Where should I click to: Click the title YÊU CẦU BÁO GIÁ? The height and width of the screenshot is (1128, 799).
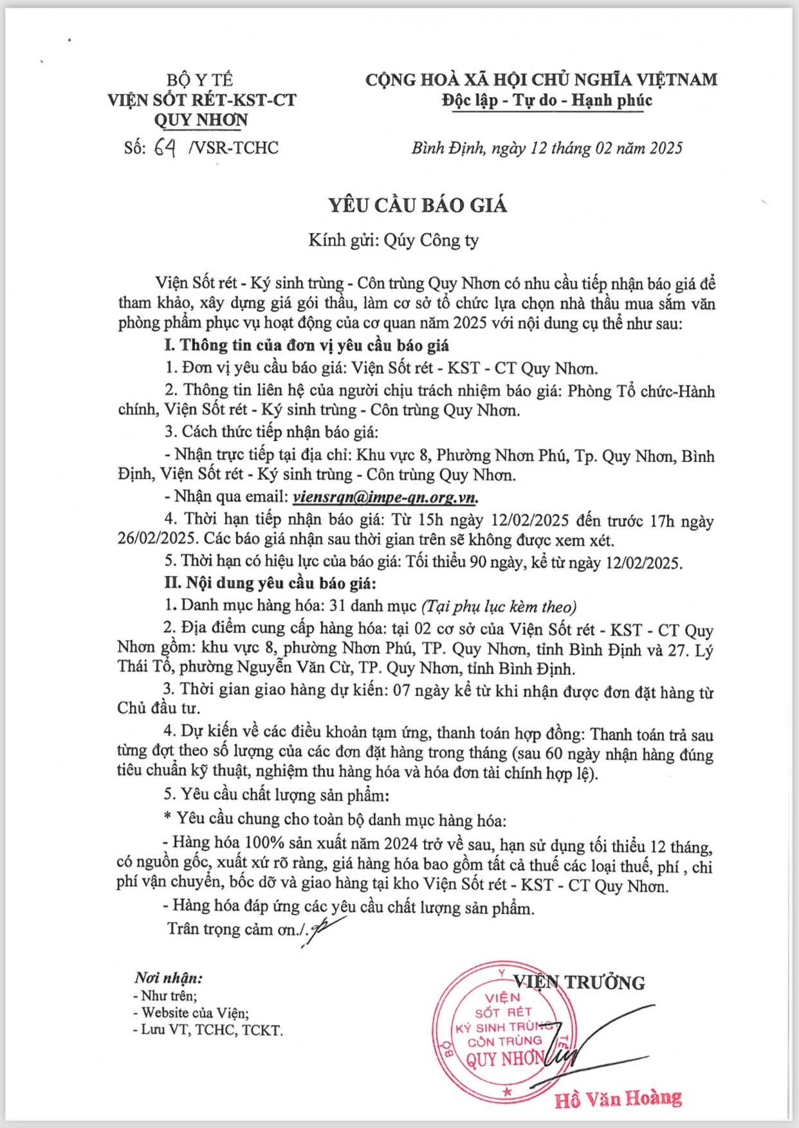tap(418, 205)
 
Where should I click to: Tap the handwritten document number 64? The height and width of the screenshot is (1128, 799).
tap(164, 148)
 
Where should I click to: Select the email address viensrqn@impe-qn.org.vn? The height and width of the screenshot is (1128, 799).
tap(385, 497)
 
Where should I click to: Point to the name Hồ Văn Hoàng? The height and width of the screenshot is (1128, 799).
tap(618, 1098)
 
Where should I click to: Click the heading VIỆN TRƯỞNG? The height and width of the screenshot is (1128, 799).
tap(579, 982)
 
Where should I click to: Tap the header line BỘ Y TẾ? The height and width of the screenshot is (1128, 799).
tap(199, 80)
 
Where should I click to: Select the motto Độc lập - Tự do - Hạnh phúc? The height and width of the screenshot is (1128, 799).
tap(547, 100)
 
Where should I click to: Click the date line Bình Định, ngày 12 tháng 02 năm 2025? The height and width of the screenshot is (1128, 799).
tap(547, 149)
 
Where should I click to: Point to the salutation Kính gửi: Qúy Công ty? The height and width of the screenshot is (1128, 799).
tap(394, 241)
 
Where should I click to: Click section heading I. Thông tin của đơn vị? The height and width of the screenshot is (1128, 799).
tap(306, 346)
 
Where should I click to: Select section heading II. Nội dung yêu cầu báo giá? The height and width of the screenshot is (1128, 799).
tap(270, 584)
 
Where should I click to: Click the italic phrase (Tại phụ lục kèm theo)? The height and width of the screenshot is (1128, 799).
tap(499, 606)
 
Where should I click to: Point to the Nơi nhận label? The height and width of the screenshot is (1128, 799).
tap(168, 978)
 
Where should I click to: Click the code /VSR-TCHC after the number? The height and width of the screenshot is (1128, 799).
tap(234, 148)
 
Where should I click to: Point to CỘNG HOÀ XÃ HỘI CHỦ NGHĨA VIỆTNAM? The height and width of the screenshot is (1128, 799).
tap(541, 80)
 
